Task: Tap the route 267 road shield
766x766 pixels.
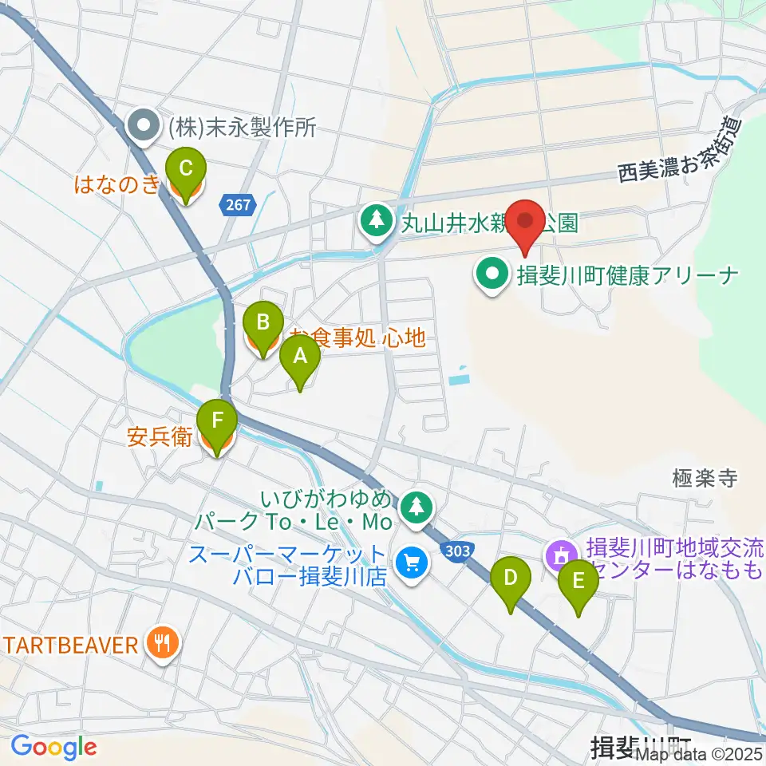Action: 237,206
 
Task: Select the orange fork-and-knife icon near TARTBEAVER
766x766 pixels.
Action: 163,643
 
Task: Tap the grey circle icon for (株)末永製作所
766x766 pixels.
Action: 144,125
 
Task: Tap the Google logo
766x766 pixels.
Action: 53,747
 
